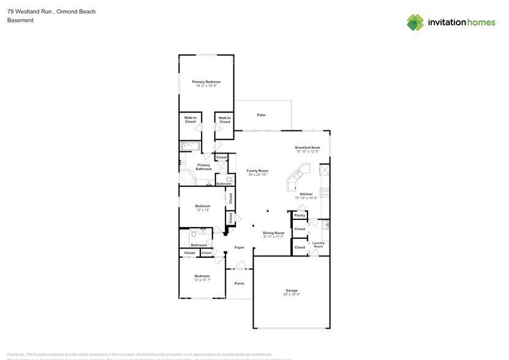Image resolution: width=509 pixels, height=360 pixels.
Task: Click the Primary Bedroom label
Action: click(x=206, y=82)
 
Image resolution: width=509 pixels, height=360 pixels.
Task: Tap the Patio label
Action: click(x=261, y=115)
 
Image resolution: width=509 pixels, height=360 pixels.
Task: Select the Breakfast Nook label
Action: click(x=307, y=148)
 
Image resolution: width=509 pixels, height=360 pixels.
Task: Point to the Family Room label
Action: click(x=258, y=171)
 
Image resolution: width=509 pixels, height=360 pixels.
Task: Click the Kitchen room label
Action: click(x=306, y=194)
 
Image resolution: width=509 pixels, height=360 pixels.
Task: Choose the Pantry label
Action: click(x=300, y=216)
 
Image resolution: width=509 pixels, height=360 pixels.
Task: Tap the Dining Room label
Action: click(x=274, y=233)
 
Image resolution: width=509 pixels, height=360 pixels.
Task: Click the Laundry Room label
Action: click(x=318, y=245)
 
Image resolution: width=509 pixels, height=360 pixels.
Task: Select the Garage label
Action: click(x=291, y=291)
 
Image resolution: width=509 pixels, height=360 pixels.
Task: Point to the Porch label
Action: click(x=239, y=283)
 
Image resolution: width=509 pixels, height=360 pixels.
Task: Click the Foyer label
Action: click(x=239, y=248)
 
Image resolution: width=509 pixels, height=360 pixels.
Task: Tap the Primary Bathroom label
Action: click(x=203, y=167)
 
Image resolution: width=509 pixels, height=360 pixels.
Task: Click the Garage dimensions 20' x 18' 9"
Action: click(x=291, y=295)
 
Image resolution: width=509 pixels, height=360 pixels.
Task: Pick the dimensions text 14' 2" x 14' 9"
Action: click(x=206, y=86)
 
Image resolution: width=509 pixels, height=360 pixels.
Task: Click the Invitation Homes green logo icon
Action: click(x=415, y=23)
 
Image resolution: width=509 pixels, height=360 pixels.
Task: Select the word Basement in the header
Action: click(x=20, y=20)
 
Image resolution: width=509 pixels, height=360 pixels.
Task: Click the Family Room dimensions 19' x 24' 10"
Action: click(x=258, y=175)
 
